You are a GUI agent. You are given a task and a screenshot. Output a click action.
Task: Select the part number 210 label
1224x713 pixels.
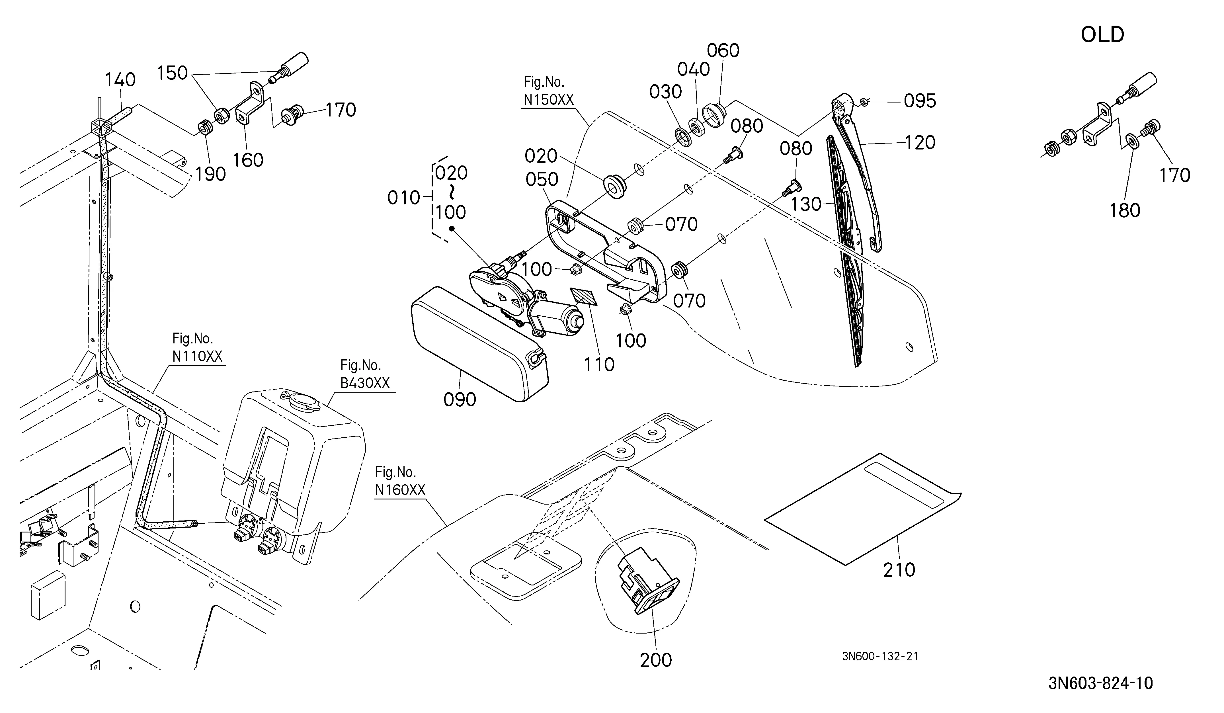point(899,570)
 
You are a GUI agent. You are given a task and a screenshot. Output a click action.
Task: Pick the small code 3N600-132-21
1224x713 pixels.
point(880,656)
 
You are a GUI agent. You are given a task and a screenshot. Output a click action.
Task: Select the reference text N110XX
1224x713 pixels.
point(197,356)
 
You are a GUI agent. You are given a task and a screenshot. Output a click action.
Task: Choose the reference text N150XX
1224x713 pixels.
point(548,100)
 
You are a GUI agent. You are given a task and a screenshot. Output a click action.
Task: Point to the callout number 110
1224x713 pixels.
point(599,364)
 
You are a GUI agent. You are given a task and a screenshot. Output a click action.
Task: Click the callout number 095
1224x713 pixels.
point(919,101)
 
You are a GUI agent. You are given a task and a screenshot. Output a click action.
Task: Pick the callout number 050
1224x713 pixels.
point(542,180)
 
